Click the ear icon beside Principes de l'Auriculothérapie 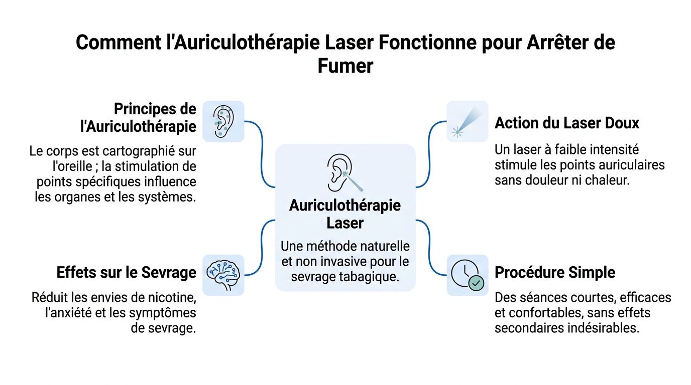click(x=223, y=121)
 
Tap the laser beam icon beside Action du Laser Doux click(x=467, y=121)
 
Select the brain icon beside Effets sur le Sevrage click(x=223, y=275)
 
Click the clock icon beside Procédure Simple click(x=467, y=275)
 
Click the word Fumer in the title click(x=345, y=66)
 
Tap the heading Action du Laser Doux click(x=567, y=123)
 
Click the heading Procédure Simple click(x=555, y=273)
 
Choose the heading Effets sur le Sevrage click(x=126, y=273)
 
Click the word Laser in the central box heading click(x=345, y=223)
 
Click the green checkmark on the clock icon click(x=476, y=284)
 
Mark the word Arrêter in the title click(x=550, y=42)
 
